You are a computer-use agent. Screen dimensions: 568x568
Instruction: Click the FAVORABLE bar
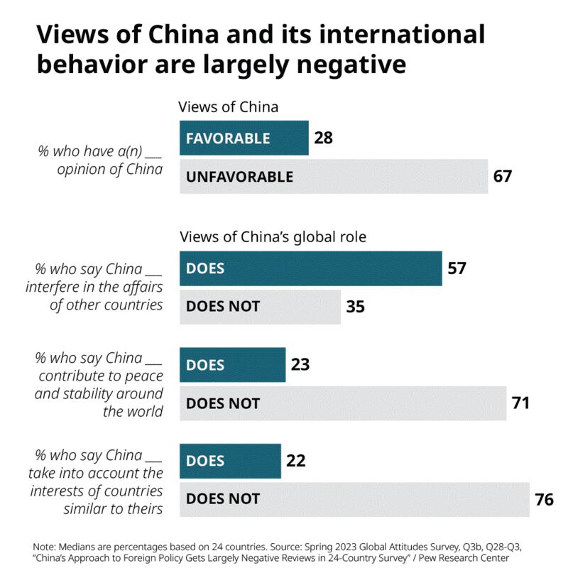pyautogui.click(x=244, y=138)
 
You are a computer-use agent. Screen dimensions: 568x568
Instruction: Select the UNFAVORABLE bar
pyautogui.click(x=334, y=177)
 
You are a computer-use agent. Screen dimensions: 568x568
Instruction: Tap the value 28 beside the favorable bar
pyautogui.click(x=323, y=138)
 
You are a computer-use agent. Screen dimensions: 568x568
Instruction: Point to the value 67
pyautogui.click(x=503, y=177)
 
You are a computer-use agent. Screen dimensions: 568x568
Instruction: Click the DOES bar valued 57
pyautogui.click(x=310, y=268)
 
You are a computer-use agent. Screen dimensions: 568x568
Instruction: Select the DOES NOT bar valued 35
pyautogui.click(x=260, y=307)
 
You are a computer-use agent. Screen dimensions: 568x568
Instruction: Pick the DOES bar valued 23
pyautogui.click(x=232, y=365)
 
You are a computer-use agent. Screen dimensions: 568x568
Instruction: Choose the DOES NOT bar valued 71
pyautogui.click(x=343, y=403)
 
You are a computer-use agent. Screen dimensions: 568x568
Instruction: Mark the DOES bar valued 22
pyautogui.click(x=230, y=461)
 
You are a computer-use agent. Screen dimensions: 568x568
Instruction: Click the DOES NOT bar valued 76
pyautogui.click(x=355, y=499)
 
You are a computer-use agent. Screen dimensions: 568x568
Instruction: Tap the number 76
pyautogui.click(x=545, y=499)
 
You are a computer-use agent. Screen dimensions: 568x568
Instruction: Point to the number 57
pyautogui.click(x=457, y=268)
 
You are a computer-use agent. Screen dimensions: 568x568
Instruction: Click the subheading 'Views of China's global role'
pyautogui.click(x=273, y=237)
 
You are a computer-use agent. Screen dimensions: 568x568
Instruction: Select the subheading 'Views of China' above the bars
pyautogui.click(x=228, y=107)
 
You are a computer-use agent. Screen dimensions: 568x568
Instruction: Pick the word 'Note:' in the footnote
pyautogui.click(x=46, y=546)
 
